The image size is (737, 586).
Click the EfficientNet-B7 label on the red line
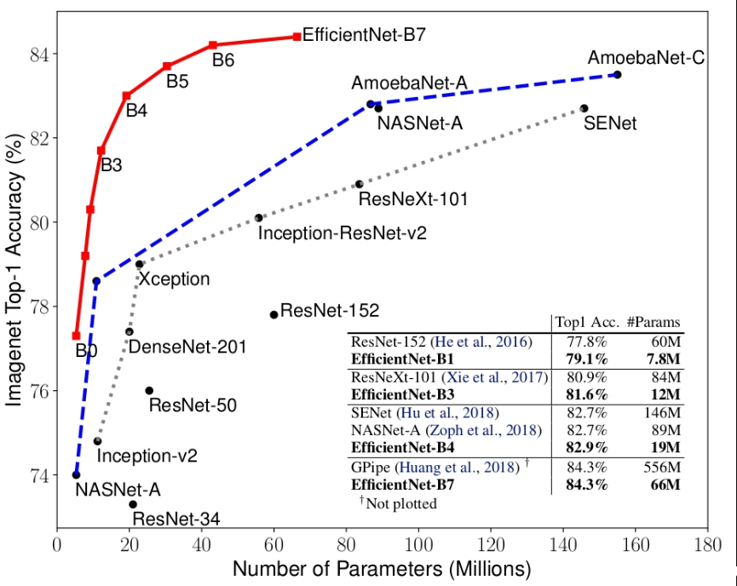(364, 37)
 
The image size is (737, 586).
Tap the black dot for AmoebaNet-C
(618, 75)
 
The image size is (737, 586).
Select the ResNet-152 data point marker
(273, 314)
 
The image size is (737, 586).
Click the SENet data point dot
(584, 108)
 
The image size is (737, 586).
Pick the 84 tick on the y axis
(42, 55)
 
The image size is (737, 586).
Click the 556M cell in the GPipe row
(663, 468)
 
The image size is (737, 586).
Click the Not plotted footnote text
(398, 503)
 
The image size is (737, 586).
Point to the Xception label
(174, 279)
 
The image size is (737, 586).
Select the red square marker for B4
(126, 95)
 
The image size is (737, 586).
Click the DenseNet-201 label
(187, 347)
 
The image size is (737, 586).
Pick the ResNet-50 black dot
(149, 390)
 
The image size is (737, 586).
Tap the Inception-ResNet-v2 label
(342, 233)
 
